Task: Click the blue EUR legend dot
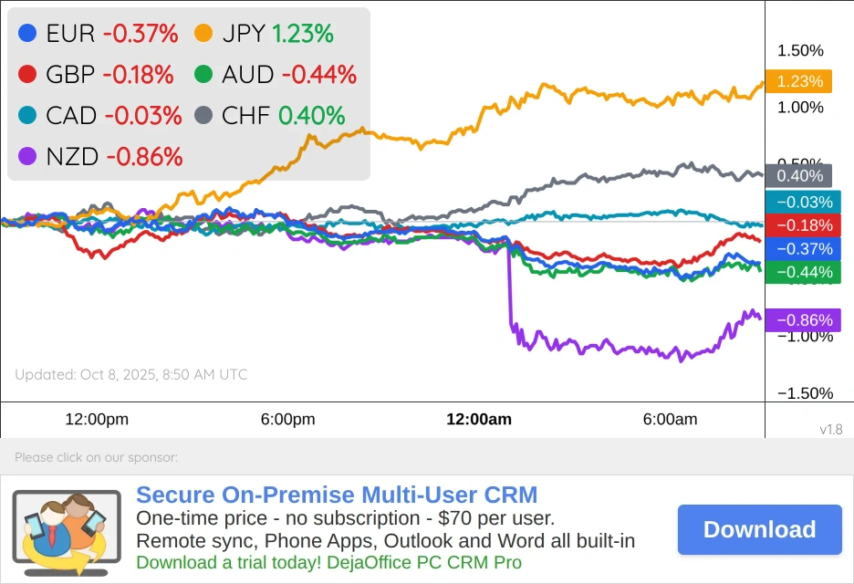pos(27,35)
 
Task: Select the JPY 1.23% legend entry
pos(264,35)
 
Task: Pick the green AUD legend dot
pos(204,75)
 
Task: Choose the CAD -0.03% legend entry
pos(99,116)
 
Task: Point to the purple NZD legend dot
pos(27,156)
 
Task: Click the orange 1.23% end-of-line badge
pos(799,81)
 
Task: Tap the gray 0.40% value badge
pos(799,176)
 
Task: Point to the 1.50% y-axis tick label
pos(800,50)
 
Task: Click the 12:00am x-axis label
pos(478,420)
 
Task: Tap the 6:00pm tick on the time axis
pos(287,420)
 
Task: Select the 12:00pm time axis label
pos(97,420)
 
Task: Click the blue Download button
pos(759,529)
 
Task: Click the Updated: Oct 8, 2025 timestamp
pos(130,374)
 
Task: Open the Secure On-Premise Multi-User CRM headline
pos(337,495)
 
